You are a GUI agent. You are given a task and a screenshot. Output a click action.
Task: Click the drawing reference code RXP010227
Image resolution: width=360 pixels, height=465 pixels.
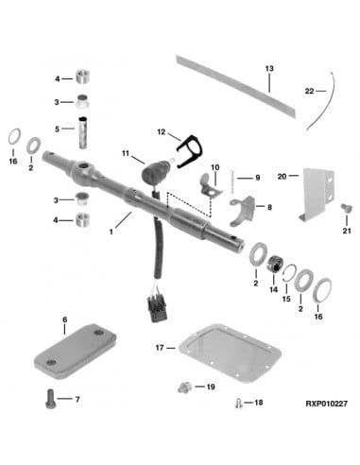(327, 404)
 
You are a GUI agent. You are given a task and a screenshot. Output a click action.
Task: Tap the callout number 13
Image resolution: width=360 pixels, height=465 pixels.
(269, 68)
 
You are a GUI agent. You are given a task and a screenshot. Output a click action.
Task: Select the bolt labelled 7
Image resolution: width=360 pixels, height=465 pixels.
(51, 399)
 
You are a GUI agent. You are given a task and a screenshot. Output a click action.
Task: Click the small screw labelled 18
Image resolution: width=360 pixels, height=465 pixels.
(238, 403)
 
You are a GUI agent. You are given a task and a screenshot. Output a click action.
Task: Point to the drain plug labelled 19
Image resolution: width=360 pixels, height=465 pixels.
(183, 387)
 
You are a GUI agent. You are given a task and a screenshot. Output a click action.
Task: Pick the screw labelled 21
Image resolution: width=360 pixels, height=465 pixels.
(346, 208)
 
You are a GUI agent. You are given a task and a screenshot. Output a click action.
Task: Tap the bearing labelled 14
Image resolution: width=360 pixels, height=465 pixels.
(276, 264)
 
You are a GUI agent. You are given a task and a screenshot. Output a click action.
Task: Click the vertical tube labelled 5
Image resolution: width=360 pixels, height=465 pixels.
(82, 132)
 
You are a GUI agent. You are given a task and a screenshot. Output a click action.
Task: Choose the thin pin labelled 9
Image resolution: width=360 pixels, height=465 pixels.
(232, 181)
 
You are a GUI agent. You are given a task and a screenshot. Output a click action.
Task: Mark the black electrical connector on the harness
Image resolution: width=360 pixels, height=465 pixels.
(155, 309)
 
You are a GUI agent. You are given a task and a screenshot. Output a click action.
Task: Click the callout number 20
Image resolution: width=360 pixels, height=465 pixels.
(282, 176)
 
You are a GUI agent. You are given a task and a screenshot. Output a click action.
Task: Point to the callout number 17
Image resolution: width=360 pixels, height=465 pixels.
(160, 348)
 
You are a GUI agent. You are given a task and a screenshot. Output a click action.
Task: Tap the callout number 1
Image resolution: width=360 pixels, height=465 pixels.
(111, 232)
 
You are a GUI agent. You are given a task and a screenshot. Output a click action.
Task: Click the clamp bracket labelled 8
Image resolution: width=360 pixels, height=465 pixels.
(243, 211)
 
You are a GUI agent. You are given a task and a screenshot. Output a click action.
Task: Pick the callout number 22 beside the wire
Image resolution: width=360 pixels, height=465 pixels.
(309, 91)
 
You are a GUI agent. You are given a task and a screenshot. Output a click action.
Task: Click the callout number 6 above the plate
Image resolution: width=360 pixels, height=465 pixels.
(65, 319)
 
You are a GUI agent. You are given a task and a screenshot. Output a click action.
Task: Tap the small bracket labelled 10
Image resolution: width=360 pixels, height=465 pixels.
(211, 186)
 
